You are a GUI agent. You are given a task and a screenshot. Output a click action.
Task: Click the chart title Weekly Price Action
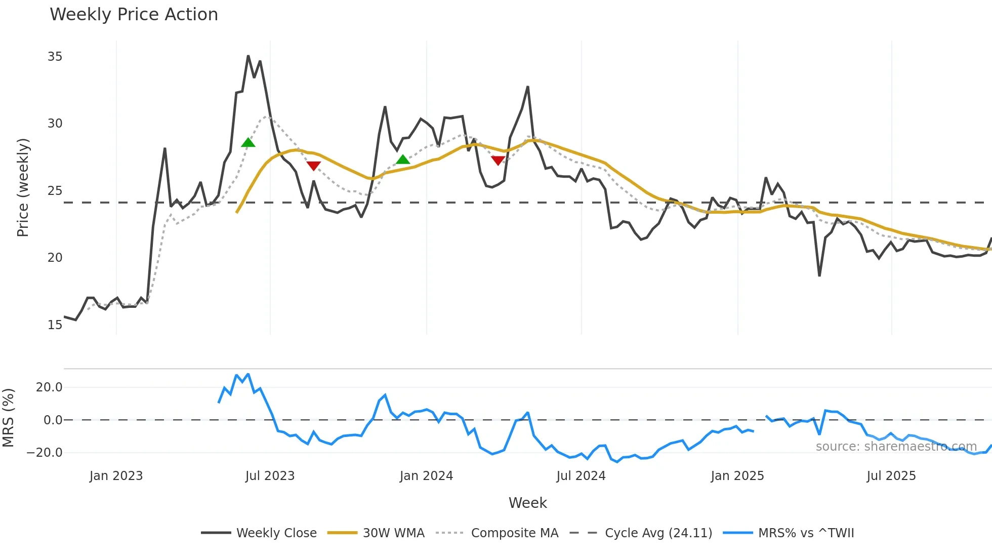point(134,15)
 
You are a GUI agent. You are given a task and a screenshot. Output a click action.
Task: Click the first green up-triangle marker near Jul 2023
point(248,143)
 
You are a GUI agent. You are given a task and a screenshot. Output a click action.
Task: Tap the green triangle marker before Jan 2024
point(402,160)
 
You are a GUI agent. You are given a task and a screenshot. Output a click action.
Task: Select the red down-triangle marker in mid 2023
point(314,166)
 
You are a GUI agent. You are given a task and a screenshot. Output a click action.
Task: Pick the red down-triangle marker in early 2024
point(498,161)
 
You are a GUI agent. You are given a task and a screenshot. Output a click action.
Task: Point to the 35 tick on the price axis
point(55,57)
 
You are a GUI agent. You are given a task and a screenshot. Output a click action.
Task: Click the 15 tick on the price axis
point(55,325)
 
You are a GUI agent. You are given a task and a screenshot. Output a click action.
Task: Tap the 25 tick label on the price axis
point(55,191)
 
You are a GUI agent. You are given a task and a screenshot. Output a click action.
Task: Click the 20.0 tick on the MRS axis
point(49,387)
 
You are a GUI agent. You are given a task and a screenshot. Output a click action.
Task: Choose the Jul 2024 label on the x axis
point(581,476)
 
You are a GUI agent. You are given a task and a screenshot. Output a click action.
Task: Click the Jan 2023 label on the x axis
point(116,476)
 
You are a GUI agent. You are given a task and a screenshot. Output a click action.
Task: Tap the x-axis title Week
point(527,503)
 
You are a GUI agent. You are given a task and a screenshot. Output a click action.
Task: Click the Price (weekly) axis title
point(23,187)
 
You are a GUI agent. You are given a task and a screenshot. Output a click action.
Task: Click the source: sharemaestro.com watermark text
point(896,447)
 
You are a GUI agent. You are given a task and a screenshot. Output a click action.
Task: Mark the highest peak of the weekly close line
point(248,56)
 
